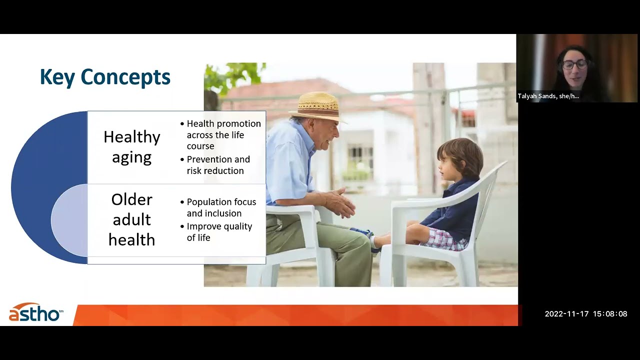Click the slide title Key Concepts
pos(105,77)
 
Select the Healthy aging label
pos(131,147)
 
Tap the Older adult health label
pos(131,219)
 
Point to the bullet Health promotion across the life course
pos(223,134)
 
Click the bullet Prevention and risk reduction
pos(218,165)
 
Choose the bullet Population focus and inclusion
pos(221,207)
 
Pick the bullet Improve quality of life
pos(219,232)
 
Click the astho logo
pos(35,313)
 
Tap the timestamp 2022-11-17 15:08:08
pos(585,314)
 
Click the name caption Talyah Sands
pos(548,96)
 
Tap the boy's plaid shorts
pos(445,239)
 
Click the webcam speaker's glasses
pos(574,64)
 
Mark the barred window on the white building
pos(360,160)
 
